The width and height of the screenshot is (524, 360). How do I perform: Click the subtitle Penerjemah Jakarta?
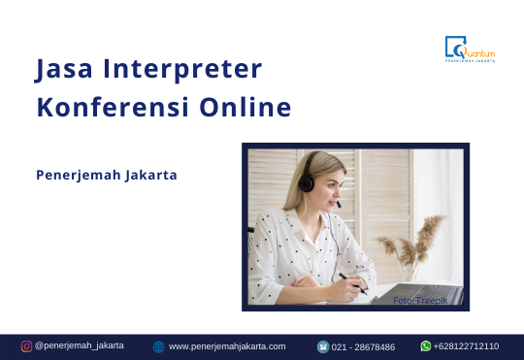pyautogui.click(x=107, y=176)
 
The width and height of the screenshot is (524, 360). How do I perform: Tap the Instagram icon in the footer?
pyautogui.click(x=27, y=345)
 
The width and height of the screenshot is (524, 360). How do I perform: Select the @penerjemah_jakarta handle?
pyautogui.click(x=80, y=345)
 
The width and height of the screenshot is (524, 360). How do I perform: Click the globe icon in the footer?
pyautogui.click(x=159, y=346)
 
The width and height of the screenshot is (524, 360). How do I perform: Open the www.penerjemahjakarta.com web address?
pyautogui.click(x=227, y=346)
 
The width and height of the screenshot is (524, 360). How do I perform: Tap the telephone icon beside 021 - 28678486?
pyautogui.click(x=323, y=346)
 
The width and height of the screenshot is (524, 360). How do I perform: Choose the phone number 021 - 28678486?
pyautogui.click(x=364, y=346)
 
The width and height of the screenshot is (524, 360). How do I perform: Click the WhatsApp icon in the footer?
pyautogui.click(x=426, y=345)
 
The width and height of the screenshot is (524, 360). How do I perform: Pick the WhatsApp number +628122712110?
pyautogui.click(x=467, y=346)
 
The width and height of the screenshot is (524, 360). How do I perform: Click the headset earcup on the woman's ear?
pyautogui.click(x=307, y=183)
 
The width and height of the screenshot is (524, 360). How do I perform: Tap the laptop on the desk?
pyautogui.click(x=427, y=291)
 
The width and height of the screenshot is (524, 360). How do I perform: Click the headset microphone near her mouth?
pyautogui.click(x=338, y=206)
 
